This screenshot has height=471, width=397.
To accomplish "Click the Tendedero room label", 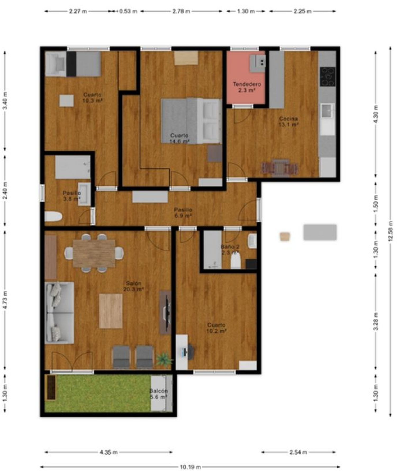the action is point(247,84).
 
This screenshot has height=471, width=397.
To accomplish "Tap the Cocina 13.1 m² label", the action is point(289,122).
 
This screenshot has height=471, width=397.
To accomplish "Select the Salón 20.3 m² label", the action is point(133,286).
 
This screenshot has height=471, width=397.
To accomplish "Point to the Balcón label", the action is point(158,391).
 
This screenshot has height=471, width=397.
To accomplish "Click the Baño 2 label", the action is point(230,247).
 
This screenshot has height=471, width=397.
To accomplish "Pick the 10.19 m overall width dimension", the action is point(190,467).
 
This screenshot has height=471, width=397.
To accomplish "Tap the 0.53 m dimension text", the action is point(128,11).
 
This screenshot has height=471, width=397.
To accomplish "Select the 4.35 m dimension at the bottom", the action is point(109,452).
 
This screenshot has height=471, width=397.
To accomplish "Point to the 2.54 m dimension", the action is point(298,452).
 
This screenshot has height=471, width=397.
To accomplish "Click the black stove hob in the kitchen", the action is point(328,77).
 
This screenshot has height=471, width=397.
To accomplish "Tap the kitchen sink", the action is point(328,111).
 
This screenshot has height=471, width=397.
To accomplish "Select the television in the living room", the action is point(167,312).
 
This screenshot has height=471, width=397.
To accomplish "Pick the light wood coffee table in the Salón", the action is point(111,311).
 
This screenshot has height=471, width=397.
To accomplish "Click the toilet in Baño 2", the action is point(236,262).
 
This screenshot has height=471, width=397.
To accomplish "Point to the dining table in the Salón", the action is point(94,253).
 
